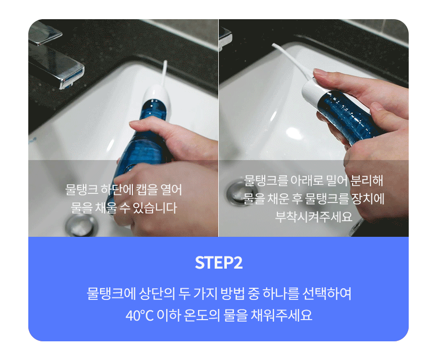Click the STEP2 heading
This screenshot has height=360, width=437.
pos(218,263)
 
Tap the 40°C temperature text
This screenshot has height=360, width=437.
pos(139,316)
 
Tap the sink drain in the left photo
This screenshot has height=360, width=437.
pos(82,225)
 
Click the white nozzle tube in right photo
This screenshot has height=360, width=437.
pos(290,61)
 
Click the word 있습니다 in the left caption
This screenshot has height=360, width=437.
pos(155,208)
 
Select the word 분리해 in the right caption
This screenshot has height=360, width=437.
pos(366,181)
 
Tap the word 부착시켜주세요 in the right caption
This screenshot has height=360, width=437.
pos(314,217)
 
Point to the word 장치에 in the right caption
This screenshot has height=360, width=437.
pos(368,198)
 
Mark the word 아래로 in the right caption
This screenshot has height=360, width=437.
pos(307,181)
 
